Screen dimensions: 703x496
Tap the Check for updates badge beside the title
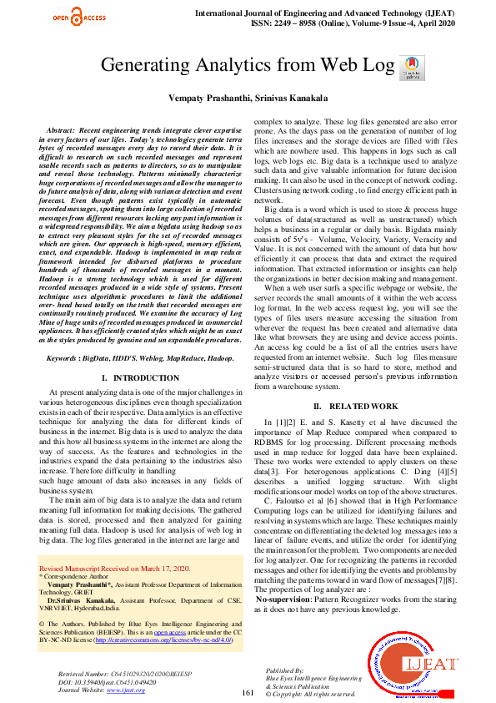408,66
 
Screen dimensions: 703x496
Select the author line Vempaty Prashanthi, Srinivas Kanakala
248,97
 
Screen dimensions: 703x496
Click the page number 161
247,692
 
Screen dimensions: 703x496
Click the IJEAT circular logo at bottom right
412,665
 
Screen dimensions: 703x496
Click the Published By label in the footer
285,670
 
